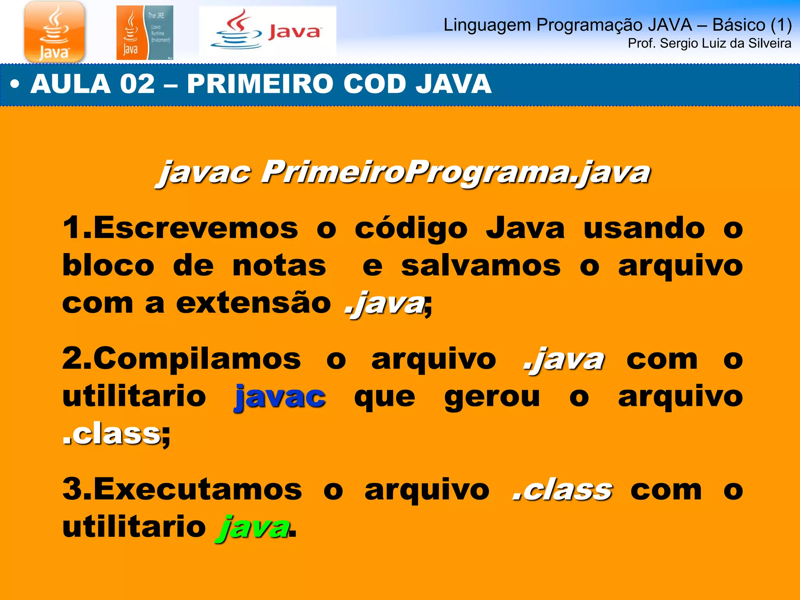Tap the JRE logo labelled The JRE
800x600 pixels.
click(145, 33)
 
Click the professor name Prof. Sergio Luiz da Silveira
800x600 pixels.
click(709, 43)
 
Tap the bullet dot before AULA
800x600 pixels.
click(14, 84)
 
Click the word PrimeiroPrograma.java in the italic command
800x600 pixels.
click(455, 172)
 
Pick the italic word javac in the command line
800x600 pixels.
click(204, 172)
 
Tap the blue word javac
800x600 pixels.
click(280, 397)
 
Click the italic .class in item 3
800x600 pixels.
click(562, 489)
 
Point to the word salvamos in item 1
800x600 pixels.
click(481, 266)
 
